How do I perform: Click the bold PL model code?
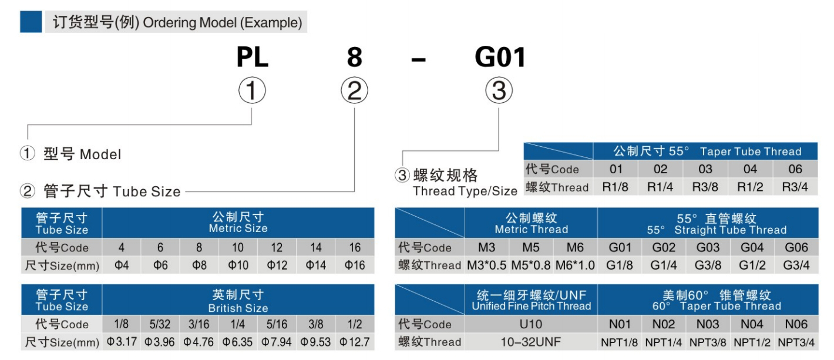(252, 58)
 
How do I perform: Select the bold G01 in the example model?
(499, 58)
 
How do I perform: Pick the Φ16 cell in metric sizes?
(355, 265)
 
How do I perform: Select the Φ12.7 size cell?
(355, 342)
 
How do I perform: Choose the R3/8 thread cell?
(705, 187)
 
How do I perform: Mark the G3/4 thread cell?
(796, 265)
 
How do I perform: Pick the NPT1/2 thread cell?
(751, 342)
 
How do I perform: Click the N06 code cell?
(796, 325)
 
